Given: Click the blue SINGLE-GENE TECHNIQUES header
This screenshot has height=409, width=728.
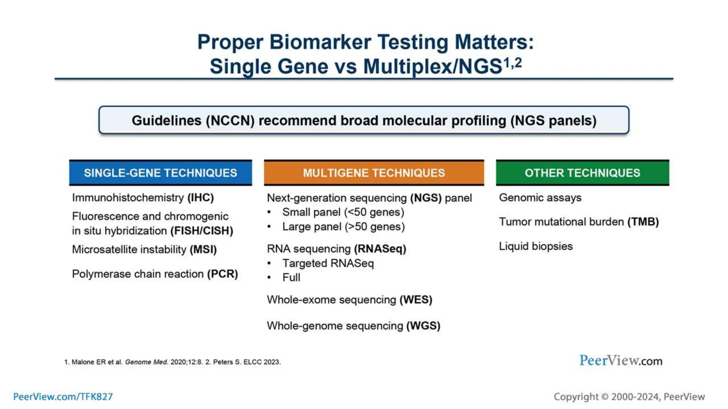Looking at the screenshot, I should [x=160, y=173].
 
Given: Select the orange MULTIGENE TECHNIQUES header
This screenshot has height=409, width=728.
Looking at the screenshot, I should [x=374, y=173].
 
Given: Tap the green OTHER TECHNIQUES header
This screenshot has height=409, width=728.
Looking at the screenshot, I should [x=582, y=173].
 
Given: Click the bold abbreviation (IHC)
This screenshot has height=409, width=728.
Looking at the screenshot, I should [x=200, y=198].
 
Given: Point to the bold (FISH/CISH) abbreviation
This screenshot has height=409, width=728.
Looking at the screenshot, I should [x=202, y=231].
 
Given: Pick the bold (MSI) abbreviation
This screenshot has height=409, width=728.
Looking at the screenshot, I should [x=203, y=250].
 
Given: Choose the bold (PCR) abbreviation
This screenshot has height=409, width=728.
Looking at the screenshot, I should [x=223, y=274].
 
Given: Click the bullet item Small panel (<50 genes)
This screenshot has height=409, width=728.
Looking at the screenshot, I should [x=343, y=212].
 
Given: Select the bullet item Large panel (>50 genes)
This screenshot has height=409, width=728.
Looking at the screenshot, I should [x=343, y=227].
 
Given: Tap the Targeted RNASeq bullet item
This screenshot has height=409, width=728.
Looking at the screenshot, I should [x=328, y=263].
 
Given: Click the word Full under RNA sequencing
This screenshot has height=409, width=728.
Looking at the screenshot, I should [x=291, y=278].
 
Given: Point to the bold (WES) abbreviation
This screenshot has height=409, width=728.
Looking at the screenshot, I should [x=416, y=300].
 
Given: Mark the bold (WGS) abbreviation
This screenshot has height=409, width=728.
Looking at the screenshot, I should [x=423, y=326].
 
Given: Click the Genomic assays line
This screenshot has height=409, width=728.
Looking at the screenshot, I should [x=540, y=198].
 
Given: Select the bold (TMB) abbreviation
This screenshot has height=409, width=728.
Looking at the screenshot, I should [x=643, y=222].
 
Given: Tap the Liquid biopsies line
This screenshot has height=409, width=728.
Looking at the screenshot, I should [x=536, y=246].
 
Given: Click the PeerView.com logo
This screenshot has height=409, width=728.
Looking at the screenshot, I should [x=621, y=361].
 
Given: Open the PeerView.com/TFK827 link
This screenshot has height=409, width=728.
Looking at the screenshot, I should [x=63, y=397].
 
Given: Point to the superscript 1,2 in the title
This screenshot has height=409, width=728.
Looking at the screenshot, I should [x=513, y=63].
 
